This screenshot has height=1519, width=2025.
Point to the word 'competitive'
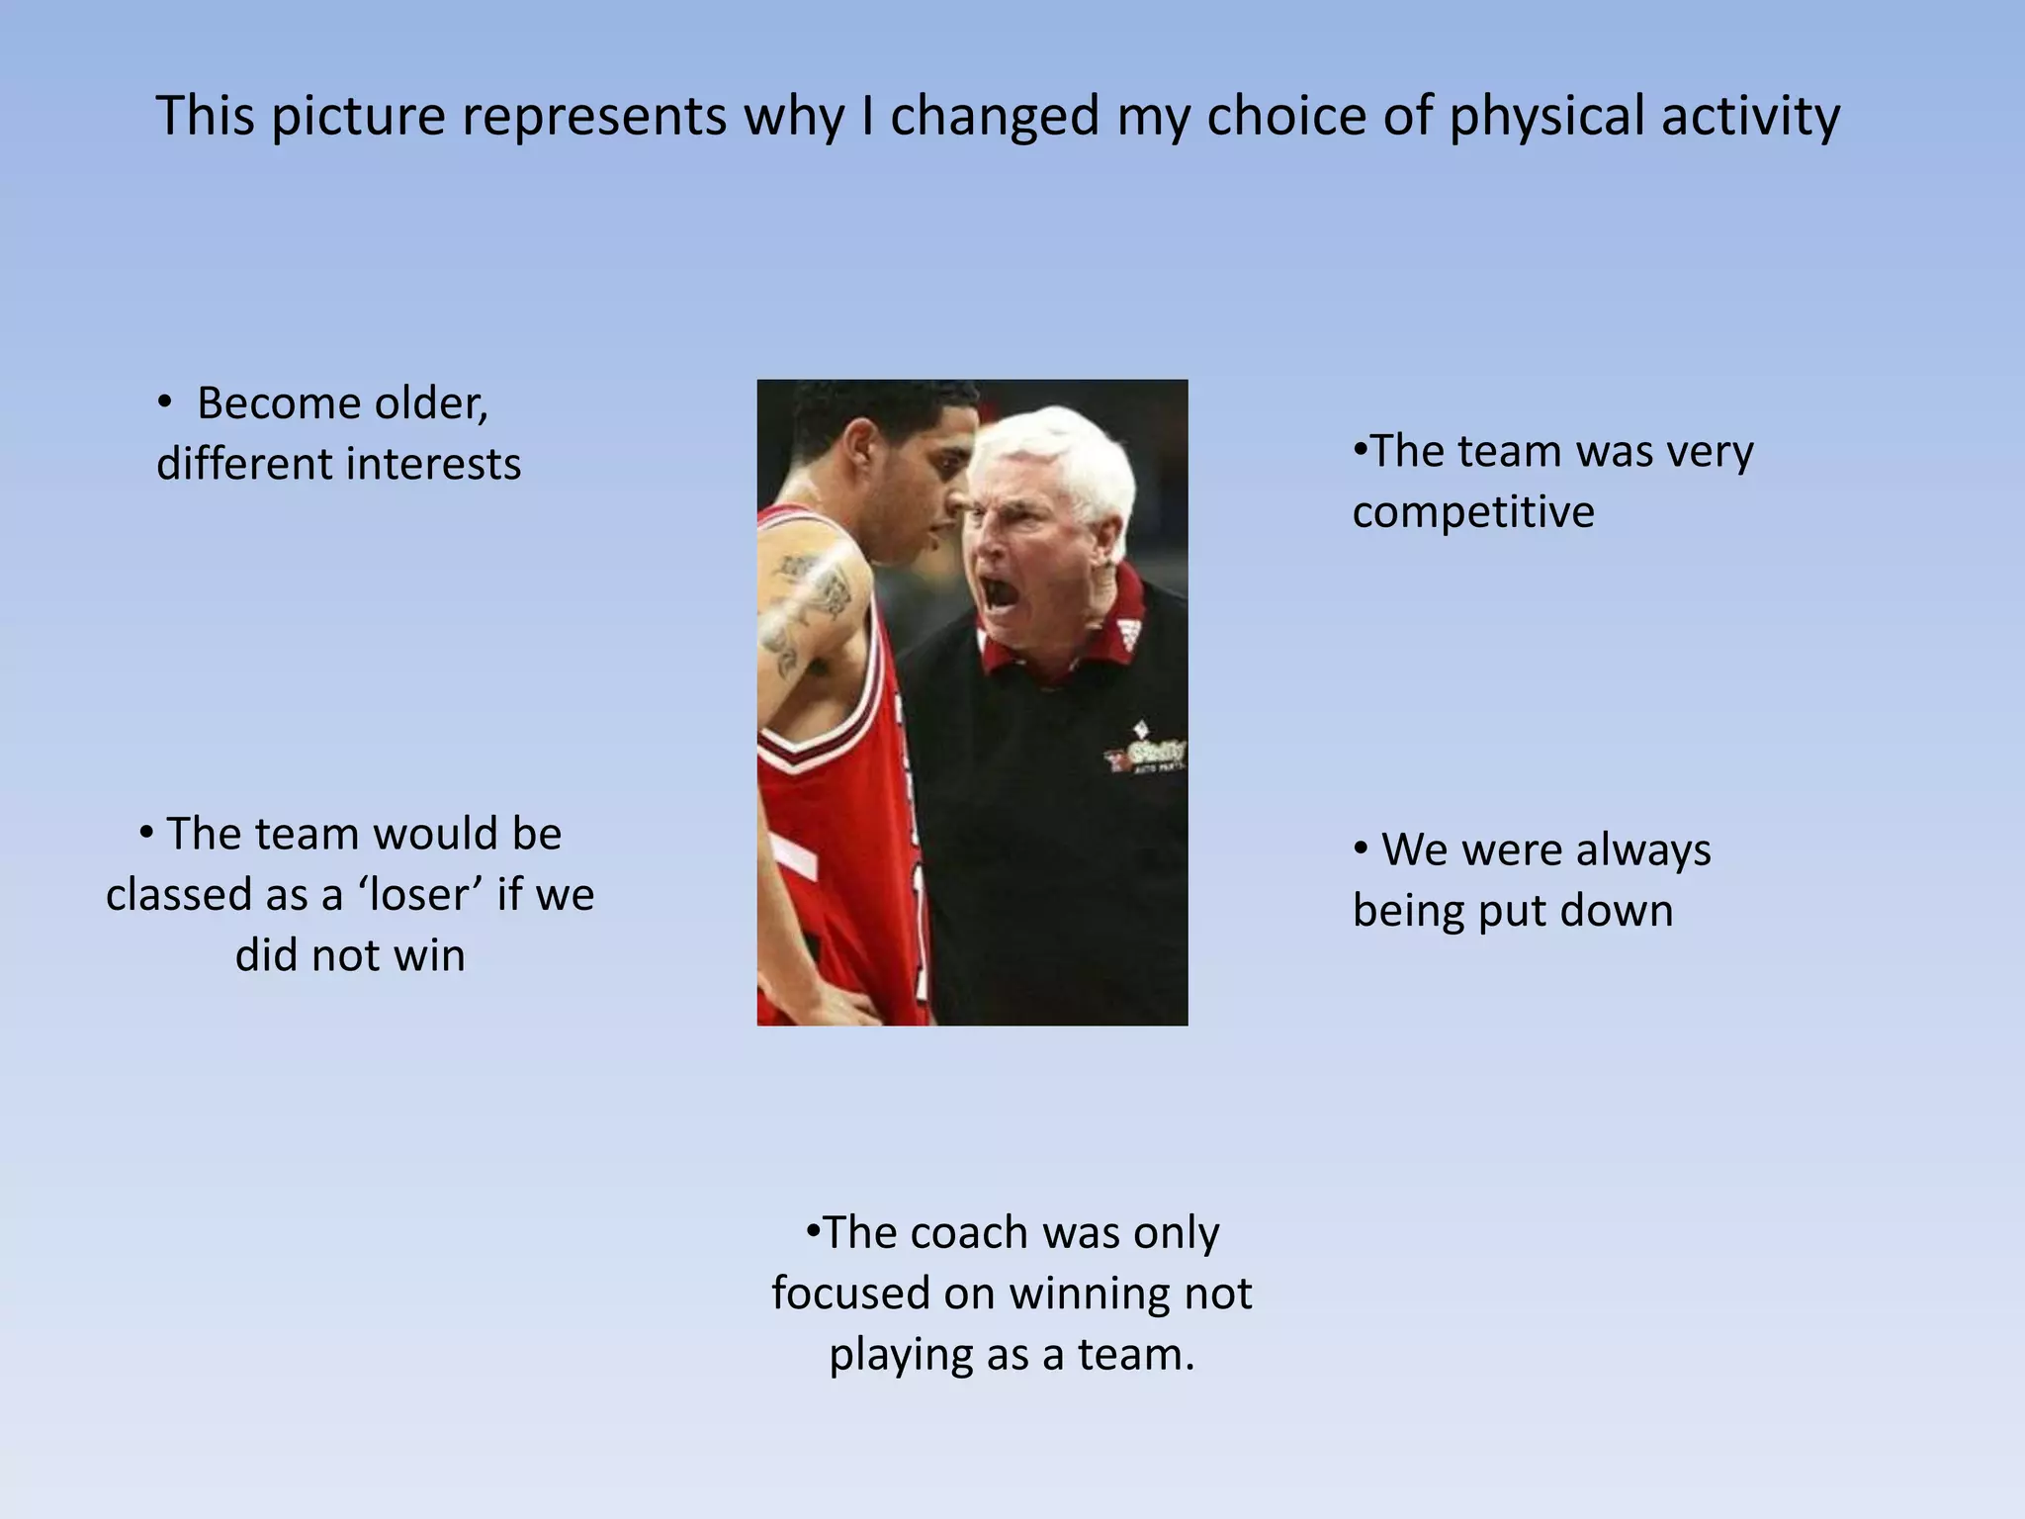click(x=1473, y=512)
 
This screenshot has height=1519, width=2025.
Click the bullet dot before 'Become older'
click(x=165, y=402)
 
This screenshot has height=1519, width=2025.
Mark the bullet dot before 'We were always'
click(x=1362, y=849)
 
